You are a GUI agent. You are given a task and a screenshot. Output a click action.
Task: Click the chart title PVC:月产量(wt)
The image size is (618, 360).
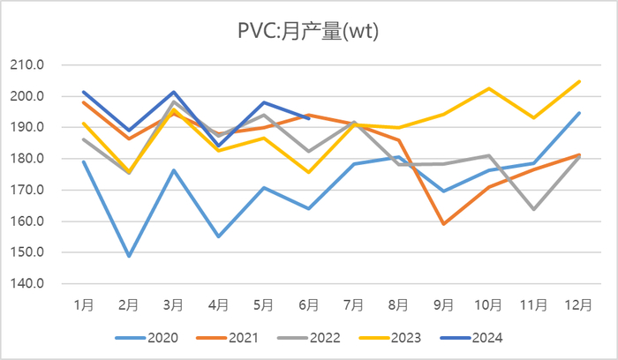click(x=308, y=33)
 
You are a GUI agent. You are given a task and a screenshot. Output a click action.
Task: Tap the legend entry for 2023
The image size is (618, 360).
click(x=406, y=337)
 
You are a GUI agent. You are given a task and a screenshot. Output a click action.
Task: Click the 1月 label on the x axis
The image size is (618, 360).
click(x=84, y=304)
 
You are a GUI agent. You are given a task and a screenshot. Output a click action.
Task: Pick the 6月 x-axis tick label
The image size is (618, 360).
click(x=308, y=304)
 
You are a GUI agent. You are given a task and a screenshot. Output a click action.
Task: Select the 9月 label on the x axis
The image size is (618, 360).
click(x=443, y=304)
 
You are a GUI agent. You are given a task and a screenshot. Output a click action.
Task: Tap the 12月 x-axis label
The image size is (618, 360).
click(x=578, y=304)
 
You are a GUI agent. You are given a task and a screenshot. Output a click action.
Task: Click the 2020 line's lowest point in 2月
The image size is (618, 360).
click(x=129, y=256)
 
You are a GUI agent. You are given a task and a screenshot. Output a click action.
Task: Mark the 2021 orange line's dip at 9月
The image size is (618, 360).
click(x=443, y=224)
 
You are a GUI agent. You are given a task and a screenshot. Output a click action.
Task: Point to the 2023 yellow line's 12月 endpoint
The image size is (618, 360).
click(x=578, y=81)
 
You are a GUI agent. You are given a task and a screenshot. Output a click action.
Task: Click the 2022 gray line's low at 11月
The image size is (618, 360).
click(x=533, y=209)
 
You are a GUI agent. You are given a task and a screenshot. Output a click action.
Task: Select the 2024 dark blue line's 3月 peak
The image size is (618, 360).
click(x=174, y=92)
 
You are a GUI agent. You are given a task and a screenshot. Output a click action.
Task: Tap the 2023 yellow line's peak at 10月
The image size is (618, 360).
click(x=488, y=88)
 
